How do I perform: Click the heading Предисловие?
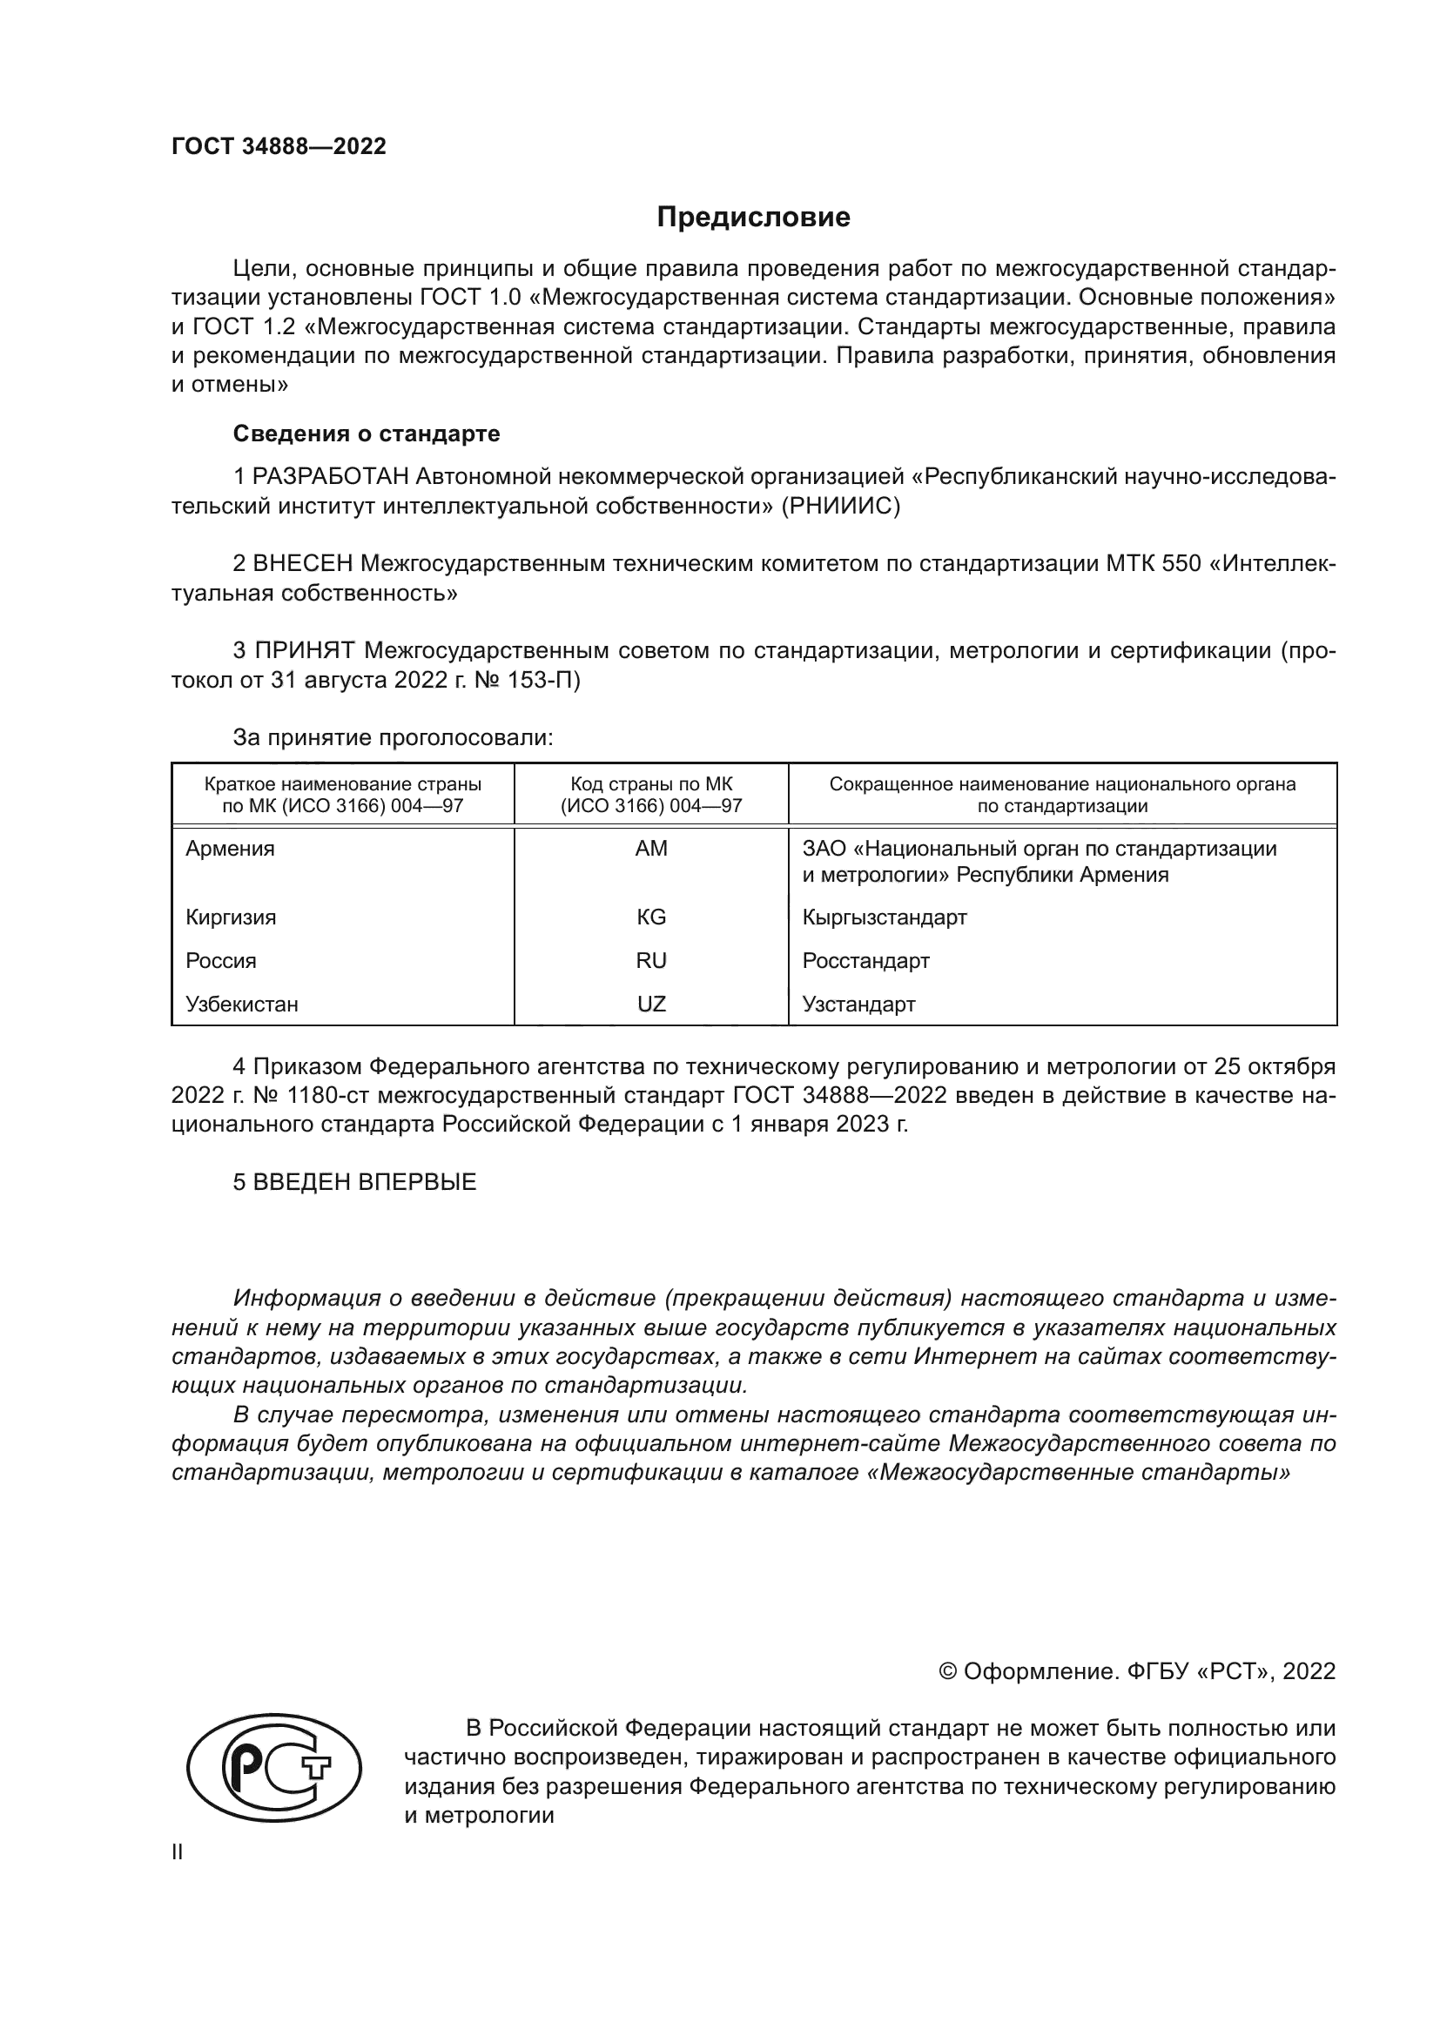(753, 218)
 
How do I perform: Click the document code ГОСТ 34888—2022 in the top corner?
(279, 146)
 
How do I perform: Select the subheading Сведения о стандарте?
(367, 433)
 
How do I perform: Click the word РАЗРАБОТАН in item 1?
(330, 477)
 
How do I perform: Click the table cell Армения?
(230, 849)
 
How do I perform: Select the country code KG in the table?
(651, 917)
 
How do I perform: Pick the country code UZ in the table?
(651, 1004)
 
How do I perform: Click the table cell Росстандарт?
(865, 960)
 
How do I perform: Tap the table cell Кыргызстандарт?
(884, 917)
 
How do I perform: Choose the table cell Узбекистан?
(241, 1004)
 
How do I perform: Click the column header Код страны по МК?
(651, 785)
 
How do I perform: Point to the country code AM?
(651, 849)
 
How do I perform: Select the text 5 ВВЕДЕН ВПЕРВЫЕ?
(354, 1182)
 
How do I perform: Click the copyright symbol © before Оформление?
(947, 1671)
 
